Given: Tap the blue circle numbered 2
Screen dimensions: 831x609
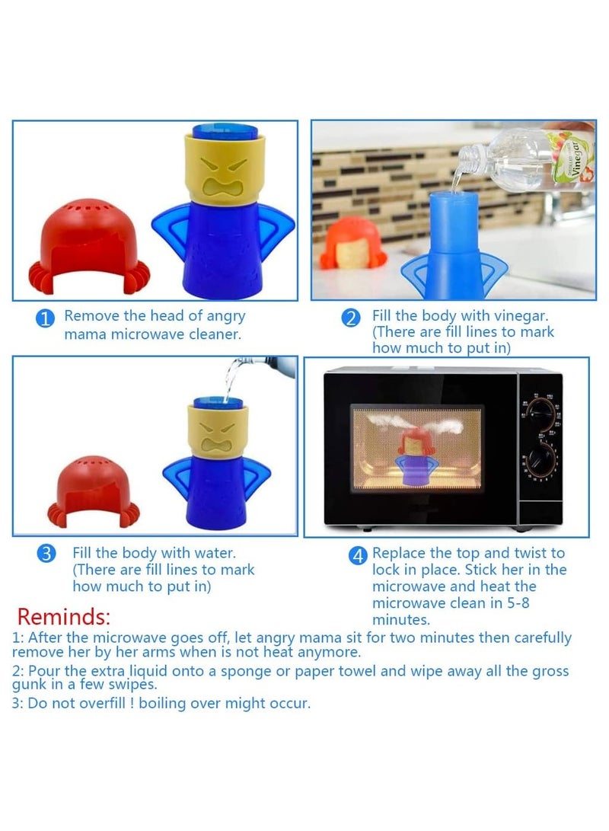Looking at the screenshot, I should pos(351,319).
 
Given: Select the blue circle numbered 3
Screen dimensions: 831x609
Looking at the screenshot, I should pos(47,554).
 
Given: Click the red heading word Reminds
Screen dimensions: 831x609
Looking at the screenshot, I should pos(64,615).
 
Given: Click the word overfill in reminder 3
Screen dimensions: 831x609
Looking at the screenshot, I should pos(91,704).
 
